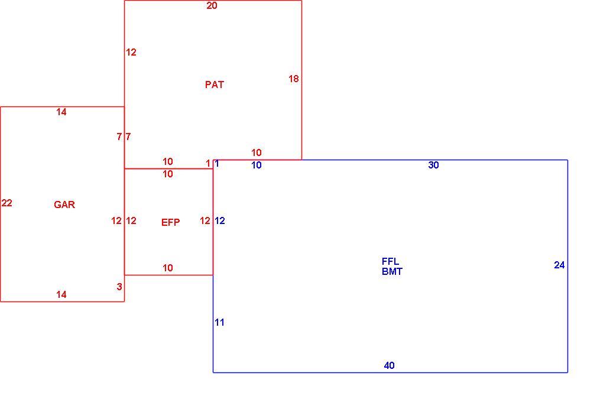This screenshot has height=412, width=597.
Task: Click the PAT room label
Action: coord(215,85)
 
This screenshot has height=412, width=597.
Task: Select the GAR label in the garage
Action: coord(64,205)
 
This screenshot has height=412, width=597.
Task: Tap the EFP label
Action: coord(171,222)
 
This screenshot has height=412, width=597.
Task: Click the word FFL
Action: coord(390,262)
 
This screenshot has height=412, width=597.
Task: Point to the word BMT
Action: coord(392,271)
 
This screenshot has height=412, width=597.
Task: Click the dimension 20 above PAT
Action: coord(212,6)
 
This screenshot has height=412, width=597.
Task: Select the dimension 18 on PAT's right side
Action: coord(294,79)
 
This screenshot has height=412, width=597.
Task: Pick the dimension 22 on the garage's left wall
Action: coord(7,203)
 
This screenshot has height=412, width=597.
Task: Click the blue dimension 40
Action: coord(389,365)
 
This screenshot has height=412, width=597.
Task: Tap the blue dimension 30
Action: coord(434,166)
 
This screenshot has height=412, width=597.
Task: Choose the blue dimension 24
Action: coord(559,265)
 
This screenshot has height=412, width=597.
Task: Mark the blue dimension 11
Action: coord(220,323)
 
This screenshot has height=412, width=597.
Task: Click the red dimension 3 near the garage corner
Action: coord(119,287)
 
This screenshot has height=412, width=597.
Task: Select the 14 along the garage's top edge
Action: coord(61,112)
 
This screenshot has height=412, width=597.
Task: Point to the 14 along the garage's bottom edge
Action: coord(61,294)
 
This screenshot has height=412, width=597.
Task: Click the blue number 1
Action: coord(217,164)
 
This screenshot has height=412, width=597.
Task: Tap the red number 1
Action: coord(208,164)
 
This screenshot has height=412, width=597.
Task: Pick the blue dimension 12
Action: coord(220,221)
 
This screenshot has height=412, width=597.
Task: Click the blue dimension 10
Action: coord(257,166)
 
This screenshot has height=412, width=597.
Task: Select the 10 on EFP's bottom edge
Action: coord(167,268)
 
